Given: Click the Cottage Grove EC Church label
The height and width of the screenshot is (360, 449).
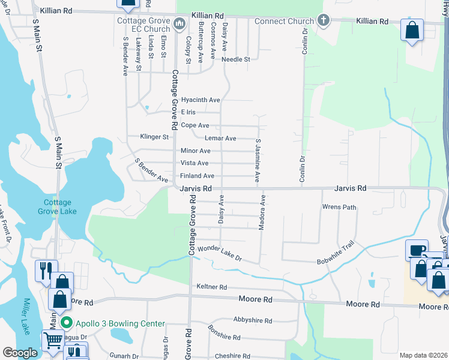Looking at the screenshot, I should [x=143, y=25].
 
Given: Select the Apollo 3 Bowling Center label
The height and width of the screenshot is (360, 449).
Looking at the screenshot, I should [x=119, y=323].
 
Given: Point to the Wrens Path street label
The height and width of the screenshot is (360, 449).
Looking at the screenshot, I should [x=339, y=207].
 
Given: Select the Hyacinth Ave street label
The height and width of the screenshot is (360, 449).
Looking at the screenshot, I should [x=200, y=100].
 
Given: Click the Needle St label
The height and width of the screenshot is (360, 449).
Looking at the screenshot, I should [x=235, y=59].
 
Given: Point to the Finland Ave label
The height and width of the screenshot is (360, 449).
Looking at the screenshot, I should [x=197, y=176].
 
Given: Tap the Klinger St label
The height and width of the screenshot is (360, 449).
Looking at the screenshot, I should [x=154, y=137].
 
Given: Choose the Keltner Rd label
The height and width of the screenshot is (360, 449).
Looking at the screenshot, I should [x=212, y=287].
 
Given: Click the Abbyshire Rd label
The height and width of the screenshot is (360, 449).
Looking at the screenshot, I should [x=253, y=320].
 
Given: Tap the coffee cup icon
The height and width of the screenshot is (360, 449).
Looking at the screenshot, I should [x=417, y=250].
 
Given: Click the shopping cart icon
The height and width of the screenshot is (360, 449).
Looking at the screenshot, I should [x=53, y=341].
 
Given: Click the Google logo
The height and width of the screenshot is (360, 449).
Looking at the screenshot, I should [x=20, y=353].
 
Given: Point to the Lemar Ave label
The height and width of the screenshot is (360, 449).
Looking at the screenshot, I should [x=220, y=138].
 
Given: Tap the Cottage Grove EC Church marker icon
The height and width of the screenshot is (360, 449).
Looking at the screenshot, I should [x=179, y=24].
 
